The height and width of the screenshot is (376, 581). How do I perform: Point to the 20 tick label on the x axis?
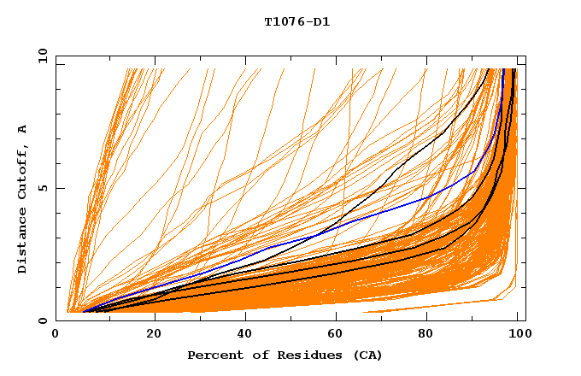(154, 335)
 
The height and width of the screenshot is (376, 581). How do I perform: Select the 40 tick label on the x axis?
(246, 335)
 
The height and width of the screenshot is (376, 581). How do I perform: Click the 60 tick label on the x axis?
(338, 335)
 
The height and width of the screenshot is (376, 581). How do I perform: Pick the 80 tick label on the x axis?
(431, 335)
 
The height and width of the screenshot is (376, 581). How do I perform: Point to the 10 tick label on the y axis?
(41, 56)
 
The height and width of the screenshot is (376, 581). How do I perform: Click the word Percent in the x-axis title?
(213, 355)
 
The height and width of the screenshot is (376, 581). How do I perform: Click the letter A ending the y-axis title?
(23, 129)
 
